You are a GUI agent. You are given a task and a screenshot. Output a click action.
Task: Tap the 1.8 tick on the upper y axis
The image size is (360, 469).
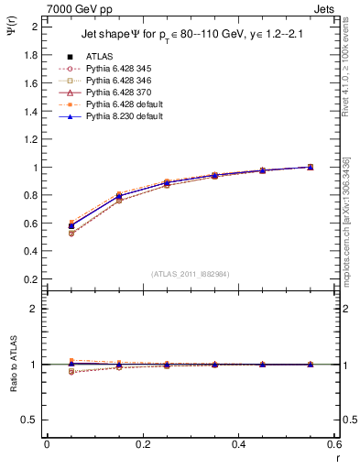click(x=30, y=55)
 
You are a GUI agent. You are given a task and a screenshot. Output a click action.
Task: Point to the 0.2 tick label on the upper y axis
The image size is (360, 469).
click(x=30, y=280)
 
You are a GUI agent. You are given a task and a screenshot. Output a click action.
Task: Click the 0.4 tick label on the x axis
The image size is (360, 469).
click(x=239, y=444)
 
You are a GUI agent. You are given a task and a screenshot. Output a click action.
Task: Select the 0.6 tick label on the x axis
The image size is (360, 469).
click(x=334, y=444)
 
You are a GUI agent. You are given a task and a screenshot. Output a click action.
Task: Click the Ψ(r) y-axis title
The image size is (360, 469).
click(x=11, y=29)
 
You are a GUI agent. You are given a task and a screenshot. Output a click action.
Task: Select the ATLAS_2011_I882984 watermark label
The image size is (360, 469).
click(x=191, y=274)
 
